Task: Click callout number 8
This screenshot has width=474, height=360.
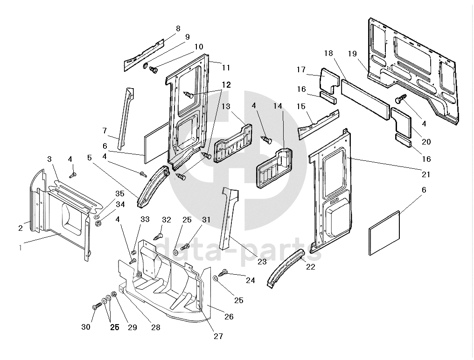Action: pos(178,28)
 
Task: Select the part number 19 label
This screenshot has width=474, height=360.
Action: pos(352,53)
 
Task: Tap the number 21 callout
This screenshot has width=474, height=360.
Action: pos(425,174)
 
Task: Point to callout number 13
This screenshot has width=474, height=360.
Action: pos(226,107)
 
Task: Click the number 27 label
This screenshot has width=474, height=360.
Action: pos(218,336)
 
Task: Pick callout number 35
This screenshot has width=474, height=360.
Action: pos(120,193)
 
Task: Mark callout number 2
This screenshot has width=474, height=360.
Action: pos(21,228)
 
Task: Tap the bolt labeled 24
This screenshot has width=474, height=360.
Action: pos(223,272)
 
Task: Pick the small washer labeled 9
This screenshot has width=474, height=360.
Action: pos(145,65)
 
